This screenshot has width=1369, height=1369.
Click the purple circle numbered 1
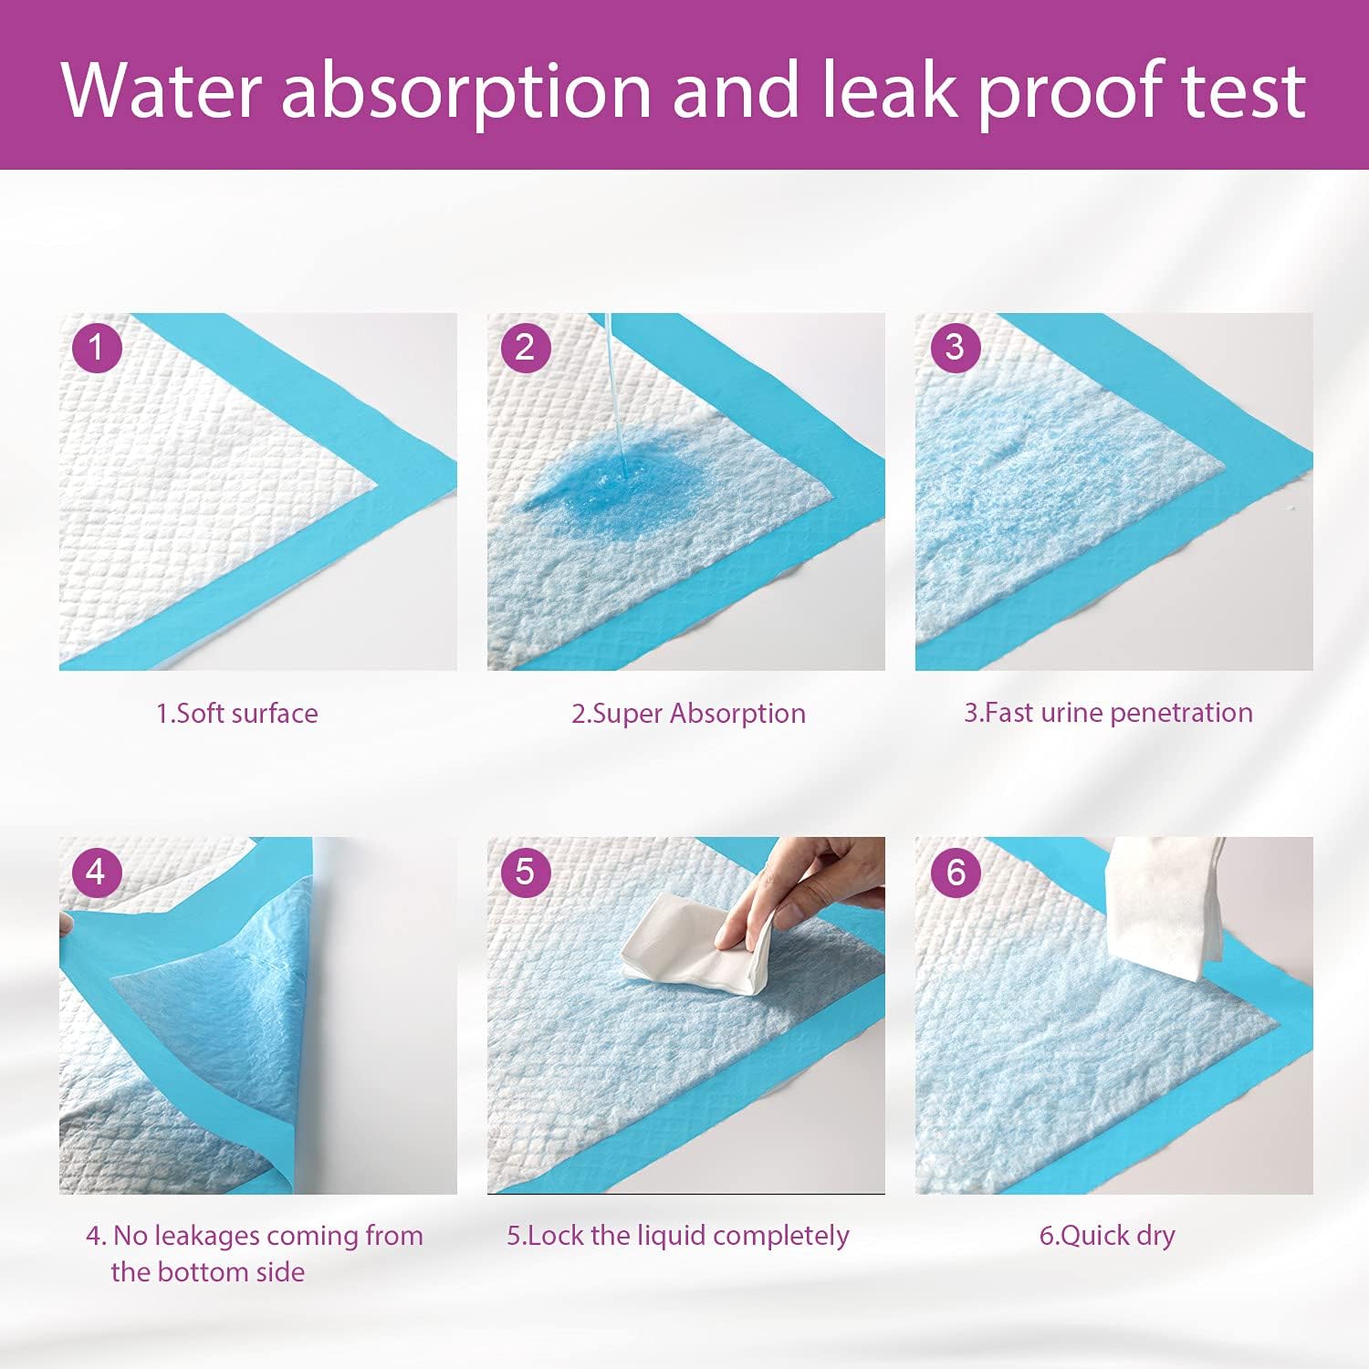97,348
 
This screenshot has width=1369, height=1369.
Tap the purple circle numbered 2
525,348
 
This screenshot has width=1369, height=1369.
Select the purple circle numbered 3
955,347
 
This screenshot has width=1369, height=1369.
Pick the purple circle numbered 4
97,872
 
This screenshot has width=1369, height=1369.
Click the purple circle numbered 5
525,872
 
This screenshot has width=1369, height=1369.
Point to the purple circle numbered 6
955,872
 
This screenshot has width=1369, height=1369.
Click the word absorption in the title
465,91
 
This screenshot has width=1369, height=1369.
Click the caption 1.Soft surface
237,713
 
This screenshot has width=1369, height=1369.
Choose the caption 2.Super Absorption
688,713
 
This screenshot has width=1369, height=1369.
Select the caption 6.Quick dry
1107,1236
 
